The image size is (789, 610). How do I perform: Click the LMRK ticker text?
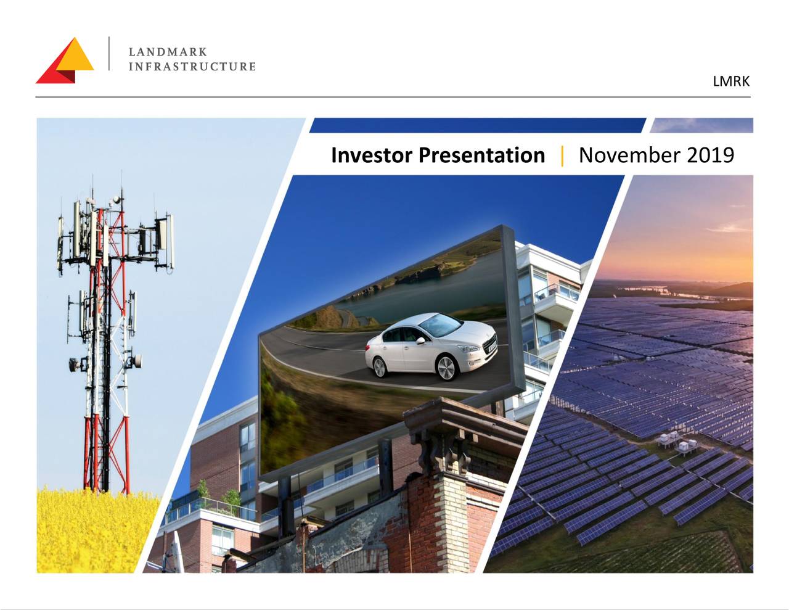point(731,81)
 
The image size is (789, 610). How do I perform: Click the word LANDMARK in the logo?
point(168,52)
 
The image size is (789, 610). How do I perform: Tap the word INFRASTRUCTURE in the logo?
point(192,67)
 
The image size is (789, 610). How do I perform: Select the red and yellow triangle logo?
point(65,61)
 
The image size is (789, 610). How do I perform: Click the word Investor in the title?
point(372,155)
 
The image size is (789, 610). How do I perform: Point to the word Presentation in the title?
point(481,155)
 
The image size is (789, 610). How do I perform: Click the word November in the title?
point(629,155)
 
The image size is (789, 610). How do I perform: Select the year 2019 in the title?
point(710,155)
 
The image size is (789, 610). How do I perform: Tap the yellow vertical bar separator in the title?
point(562,155)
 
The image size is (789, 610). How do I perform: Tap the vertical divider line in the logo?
point(109,54)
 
